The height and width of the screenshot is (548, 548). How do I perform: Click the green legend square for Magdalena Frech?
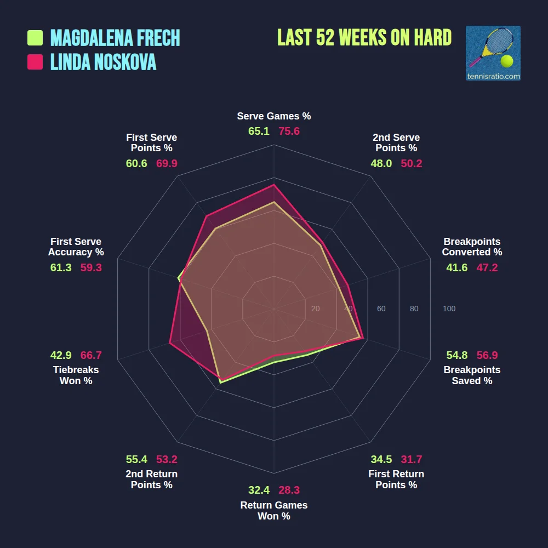coord(35,38)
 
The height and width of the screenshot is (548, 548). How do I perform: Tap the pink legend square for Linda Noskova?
coord(35,62)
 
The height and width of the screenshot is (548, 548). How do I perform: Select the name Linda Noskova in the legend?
coord(103,62)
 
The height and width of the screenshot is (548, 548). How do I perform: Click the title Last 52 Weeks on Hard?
coord(364,38)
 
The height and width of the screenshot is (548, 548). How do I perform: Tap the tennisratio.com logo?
coord(493,53)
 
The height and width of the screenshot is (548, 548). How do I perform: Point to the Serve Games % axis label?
coord(274,116)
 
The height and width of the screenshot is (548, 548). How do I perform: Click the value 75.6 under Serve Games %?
coord(289,132)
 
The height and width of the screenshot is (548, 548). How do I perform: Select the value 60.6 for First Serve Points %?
coord(136,163)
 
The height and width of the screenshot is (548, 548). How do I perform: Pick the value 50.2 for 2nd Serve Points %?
coord(412,163)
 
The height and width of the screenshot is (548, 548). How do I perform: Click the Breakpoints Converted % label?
coord(472,247)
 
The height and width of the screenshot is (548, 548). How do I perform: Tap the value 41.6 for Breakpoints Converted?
coord(457,267)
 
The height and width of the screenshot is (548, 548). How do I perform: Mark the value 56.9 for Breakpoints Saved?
coord(487,355)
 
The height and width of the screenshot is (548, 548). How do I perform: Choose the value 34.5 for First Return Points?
coord(381,459)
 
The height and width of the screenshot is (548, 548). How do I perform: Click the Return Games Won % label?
coord(274,511)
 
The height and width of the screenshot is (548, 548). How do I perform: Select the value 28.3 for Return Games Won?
coord(289,490)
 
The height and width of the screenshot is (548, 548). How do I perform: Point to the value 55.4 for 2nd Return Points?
coord(136,459)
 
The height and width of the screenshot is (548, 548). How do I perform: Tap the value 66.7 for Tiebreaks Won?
coord(91,355)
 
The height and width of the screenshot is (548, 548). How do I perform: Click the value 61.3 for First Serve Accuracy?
coord(61,267)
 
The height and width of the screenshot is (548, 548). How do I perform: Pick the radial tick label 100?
coord(449,309)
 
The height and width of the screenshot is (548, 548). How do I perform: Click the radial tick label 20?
coord(315,309)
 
